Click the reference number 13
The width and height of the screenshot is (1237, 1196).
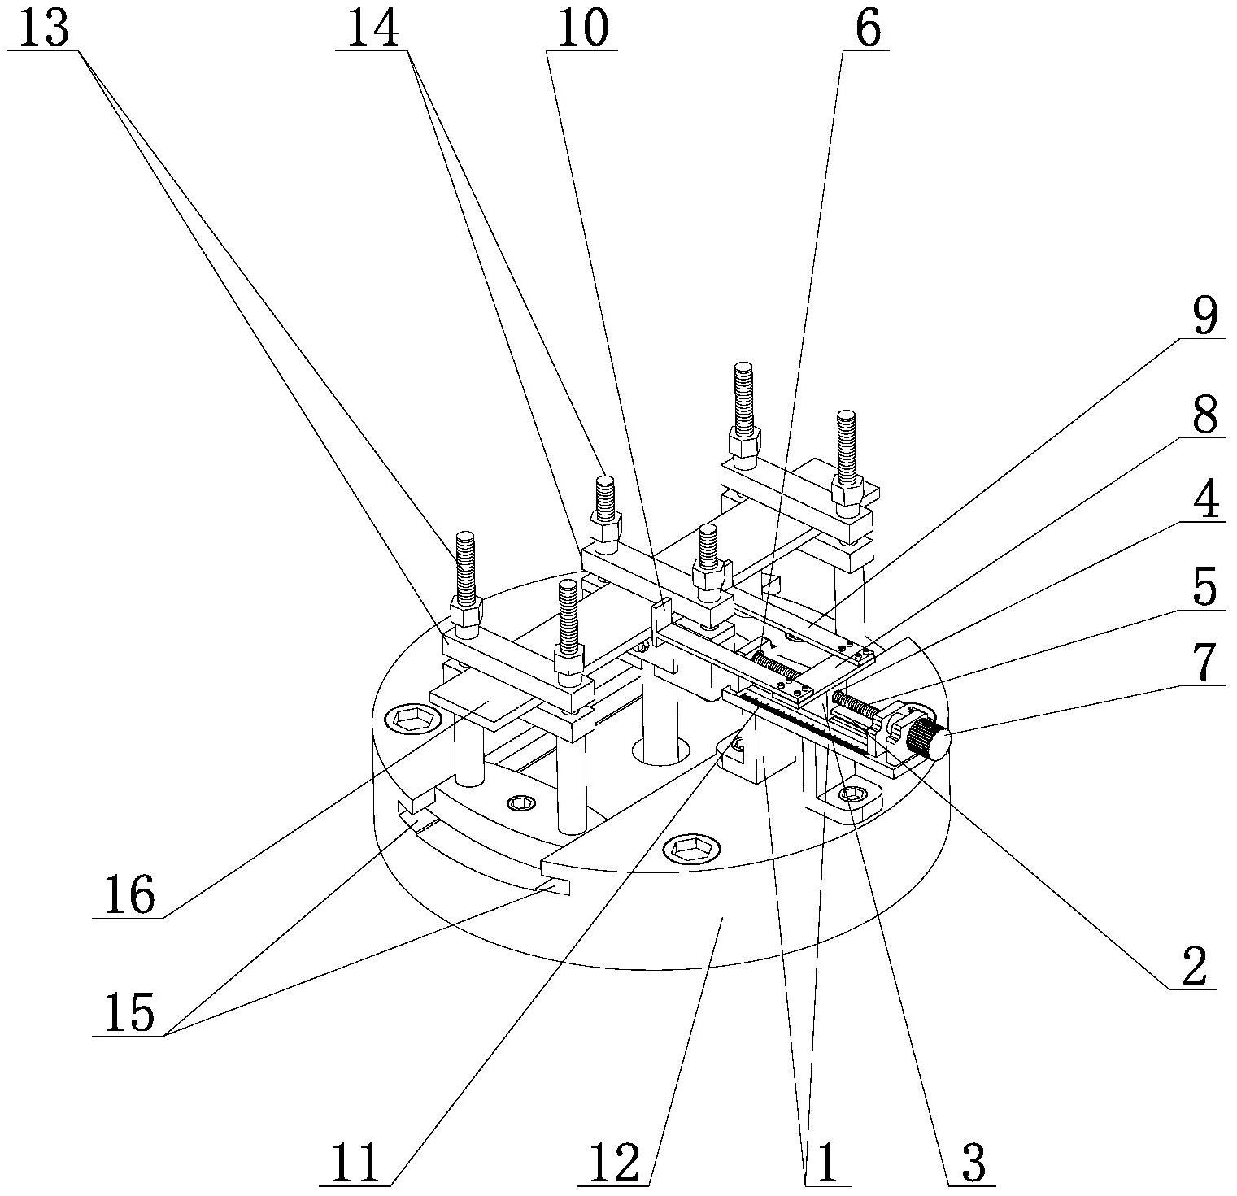click(x=46, y=29)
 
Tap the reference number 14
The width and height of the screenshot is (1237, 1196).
click(x=375, y=29)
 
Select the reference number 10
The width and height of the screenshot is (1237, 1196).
click(x=582, y=29)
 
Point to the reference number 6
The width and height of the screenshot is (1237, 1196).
click(x=868, y=29)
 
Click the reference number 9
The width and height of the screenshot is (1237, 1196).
click(x=1204, y=317)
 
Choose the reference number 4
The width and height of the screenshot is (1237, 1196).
click(x=1204, y=501)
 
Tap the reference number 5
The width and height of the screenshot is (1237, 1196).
click(x=1204, y=586)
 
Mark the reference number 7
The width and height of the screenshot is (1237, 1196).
click(x=1204, y=663)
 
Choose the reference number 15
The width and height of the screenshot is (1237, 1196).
click(x=128, y=1014)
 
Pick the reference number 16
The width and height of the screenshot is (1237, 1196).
click(x=128, y=896)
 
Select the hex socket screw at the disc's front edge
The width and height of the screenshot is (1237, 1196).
click(x=690, y=850)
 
